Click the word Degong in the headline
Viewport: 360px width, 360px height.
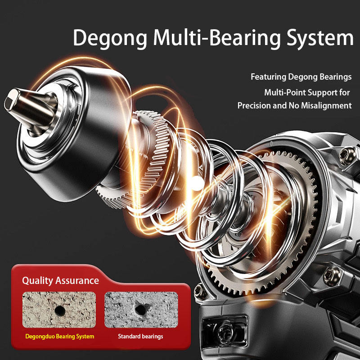pyautogui.click(x=110, y=38)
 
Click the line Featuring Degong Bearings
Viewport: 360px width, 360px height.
pyautogui.click(x=301, y=77)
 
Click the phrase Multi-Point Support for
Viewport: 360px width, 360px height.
pyautogui.click(x=307, y=93)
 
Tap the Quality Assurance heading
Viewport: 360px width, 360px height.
pyautogui.click(x=60, y=281)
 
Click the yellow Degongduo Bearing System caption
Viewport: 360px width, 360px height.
pyautogui.click(x=59, y=337)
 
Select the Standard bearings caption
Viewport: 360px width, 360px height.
pyautogui.click(x=140, y=337)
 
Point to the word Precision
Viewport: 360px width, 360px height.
pyautogui.click(x=255, y=106)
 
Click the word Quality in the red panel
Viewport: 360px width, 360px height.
pyautogui.click(x=38, y=281)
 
